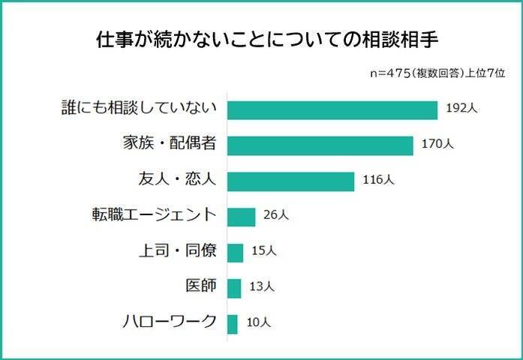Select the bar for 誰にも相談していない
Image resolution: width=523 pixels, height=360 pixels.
tap(332, 109)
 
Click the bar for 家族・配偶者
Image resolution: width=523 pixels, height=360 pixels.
tap(320, 145)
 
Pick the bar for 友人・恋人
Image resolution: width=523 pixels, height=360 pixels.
tap(290, 181)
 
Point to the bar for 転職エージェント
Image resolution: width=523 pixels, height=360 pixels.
tap(241, 217)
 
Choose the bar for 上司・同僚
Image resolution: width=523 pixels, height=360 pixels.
tap(235, 253)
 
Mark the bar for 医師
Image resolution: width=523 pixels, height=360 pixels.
tap(234, 288)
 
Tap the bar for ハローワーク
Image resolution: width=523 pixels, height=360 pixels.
tap(232, 324)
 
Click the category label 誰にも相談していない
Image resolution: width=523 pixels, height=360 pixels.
tap(140, 109)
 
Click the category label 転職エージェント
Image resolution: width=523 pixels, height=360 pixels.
tap(153, 216)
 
